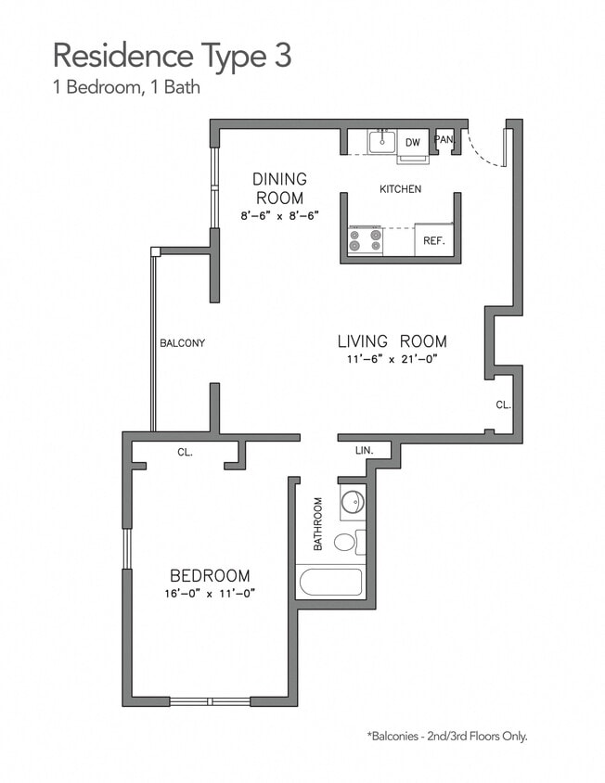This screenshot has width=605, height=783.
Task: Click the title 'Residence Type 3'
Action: [x=172, y=56]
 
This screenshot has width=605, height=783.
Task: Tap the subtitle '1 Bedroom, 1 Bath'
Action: [x=127, y=89]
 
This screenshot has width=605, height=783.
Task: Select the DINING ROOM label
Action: [x=279, y=188]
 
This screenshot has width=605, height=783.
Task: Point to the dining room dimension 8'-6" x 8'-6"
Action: [x=279, y=215]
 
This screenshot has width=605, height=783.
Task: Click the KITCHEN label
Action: [x=400, y=189]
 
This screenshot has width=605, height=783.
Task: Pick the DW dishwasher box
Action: [x=414, y=142]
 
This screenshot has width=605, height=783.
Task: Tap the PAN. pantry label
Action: [x=444, y=140]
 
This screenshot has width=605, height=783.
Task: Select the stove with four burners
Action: [x=365, y=240]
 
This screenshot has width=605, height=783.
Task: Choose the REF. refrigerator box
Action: [x=433, y=240]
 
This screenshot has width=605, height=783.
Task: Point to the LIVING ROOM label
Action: [x=392, y=340]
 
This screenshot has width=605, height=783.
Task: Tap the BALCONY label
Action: [x=182, y=343]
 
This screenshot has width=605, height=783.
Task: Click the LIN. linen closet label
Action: [x=364, y=450]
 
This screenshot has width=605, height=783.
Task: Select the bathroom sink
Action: [x=353, y=502]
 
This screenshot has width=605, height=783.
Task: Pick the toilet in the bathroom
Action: [x=346, y=542]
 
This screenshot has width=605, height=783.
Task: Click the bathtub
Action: [x=329, y=584]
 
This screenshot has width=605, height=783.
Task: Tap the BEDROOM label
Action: [x=209, y=575]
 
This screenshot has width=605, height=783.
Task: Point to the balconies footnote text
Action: [x=447, y=736]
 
